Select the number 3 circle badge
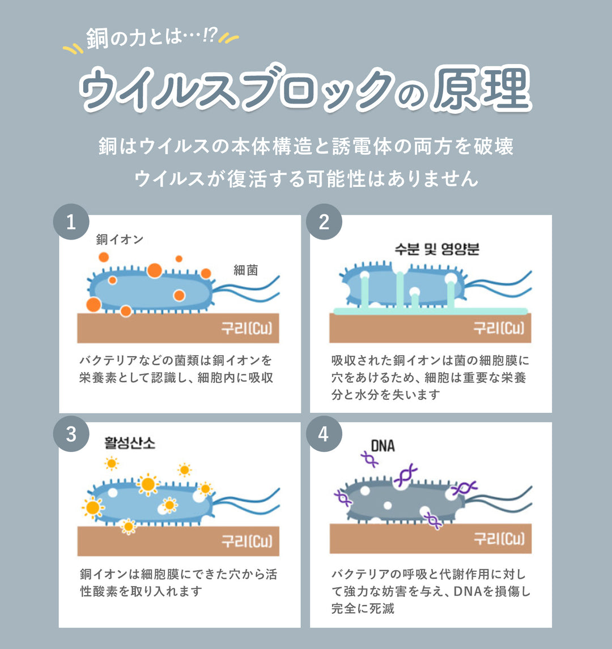71,434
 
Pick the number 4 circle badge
324,434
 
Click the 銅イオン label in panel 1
120,240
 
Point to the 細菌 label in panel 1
246,270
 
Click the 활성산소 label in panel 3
130,443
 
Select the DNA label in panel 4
382,446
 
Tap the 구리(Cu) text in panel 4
500,539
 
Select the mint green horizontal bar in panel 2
431,311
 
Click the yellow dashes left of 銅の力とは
73,50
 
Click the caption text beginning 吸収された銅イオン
430,377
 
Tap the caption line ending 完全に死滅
363,609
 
